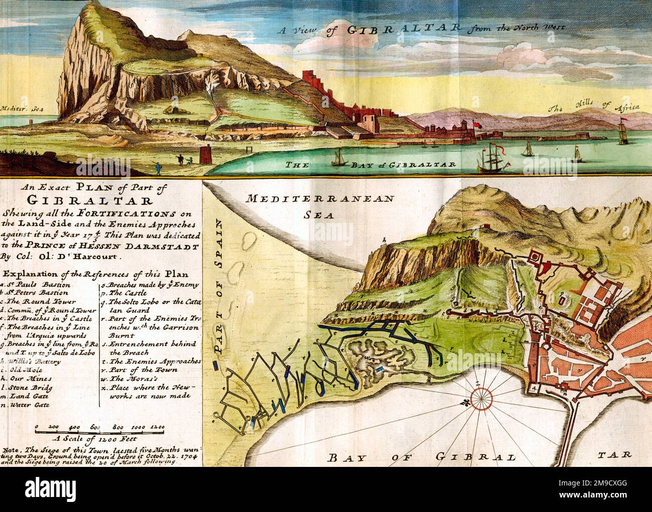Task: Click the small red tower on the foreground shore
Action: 204,154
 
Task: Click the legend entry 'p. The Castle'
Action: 120,293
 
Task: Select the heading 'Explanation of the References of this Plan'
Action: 95,274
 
